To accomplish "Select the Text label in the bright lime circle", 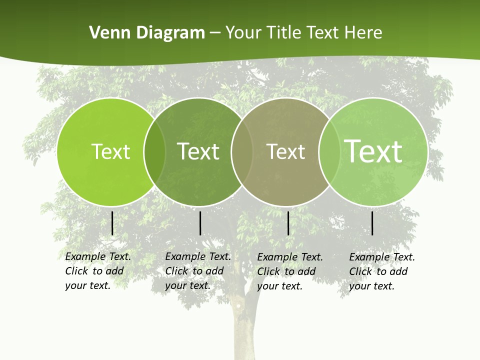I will pyautogui.click(x=110, y=151).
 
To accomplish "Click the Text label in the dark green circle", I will pyautogui.click(x=198, y=151).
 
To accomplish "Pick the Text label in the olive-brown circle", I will pyautogui.click(x=286, y=151).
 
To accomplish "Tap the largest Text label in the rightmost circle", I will pyautogui.click(x=373, y=151).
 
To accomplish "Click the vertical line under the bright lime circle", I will pyautogui.click(x=112, y=223).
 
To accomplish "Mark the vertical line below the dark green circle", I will pyautogui.click(x=200, y=223).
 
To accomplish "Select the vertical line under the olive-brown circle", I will pyautogui.click(x=288, y=223).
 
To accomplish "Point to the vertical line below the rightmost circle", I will pyautogui.click(x=372, y=223).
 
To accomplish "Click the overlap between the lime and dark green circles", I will pyautogui.click(x=154, y=152).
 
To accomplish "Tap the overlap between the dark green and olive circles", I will pyautogui.click(x=241, y=152).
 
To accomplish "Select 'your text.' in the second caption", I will pyautogui.click(x=187, y=285).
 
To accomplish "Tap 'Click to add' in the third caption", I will pyautogui.click(x=286, y=271).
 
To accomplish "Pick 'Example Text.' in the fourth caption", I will pyautogui.click(x=382, y=257).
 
